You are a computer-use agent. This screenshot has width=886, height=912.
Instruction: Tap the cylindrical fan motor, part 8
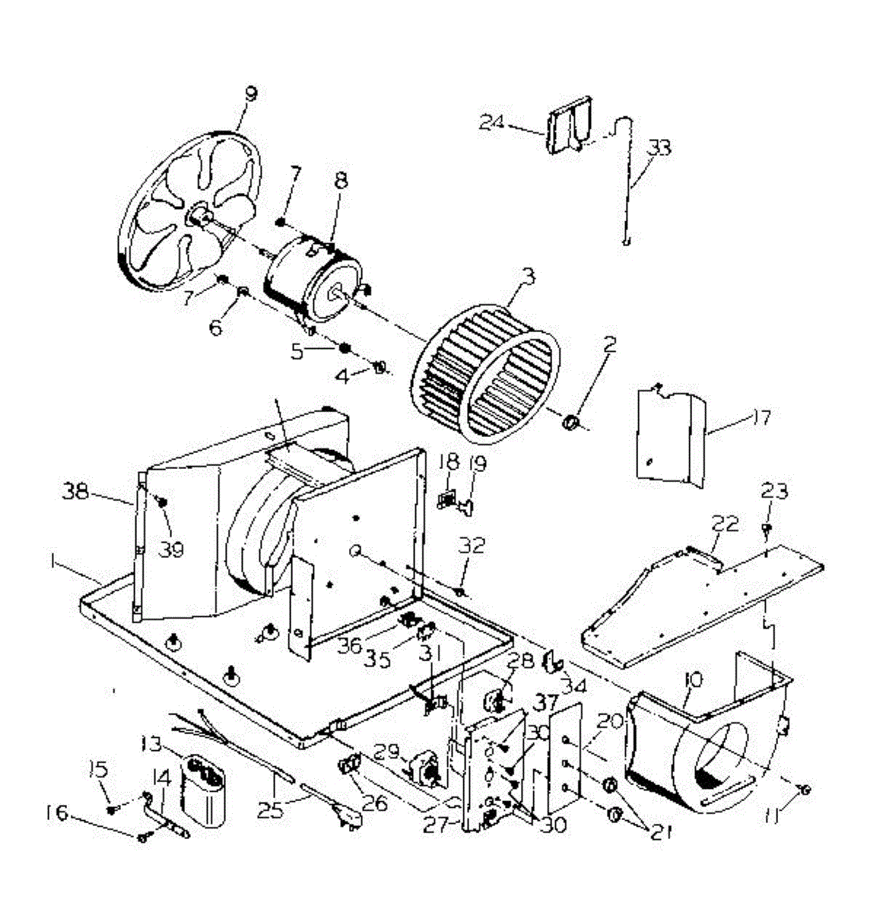tap(312, 277)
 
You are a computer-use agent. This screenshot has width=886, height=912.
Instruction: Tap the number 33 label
tap(658, 147)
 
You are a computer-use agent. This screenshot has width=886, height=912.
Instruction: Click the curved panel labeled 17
tap(669, 437)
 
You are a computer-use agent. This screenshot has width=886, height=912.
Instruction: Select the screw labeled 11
tap(805, 790)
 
